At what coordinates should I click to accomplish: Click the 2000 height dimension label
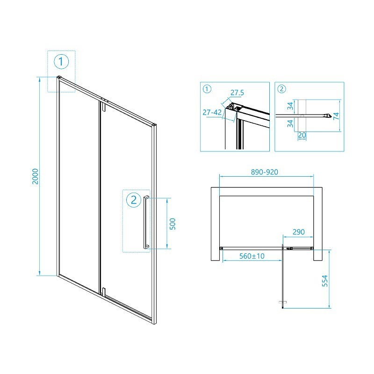(x=36, y=176)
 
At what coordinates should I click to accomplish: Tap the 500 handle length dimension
(x=173, y=224)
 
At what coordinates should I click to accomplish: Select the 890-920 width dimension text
(x=265, y=172)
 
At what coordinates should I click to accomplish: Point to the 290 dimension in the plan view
(x=299, y=232)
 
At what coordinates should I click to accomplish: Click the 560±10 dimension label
(x=252, y=256)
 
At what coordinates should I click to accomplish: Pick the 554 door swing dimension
(x=325, y=281)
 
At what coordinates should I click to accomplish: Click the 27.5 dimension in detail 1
(x=237, y=93)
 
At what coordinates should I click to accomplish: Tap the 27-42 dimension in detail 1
(x=212, y=112)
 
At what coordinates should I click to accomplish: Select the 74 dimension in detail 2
(x=336, y=116)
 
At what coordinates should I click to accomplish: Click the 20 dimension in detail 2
(x=302, y=135)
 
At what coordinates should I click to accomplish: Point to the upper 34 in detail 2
(x=290, y=106)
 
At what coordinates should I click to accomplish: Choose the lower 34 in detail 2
(x=290, y=123)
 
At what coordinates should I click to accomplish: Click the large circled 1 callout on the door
(x=61, y=62)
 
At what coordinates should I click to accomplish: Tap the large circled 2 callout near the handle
(x=134, y=200)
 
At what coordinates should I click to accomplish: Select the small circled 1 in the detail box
(x=207, y=89)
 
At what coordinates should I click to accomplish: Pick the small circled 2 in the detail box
(x=282, y=89)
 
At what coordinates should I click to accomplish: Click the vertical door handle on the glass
(x=145, y=222)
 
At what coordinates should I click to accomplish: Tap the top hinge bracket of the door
(x=103, y=106)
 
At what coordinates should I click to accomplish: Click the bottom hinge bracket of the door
(x=103, y=292)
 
